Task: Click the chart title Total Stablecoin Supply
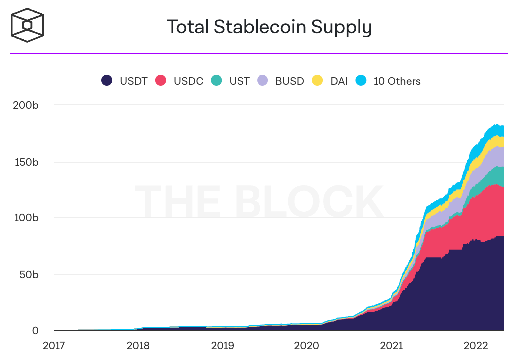tap(269, 27)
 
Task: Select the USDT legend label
tap(133, 81)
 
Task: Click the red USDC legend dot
tap(161, 81)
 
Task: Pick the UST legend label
tap(239, 81)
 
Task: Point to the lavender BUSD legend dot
tap(263, 81)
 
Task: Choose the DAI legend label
tap(339, 81)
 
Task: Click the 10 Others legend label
tap(397, 81)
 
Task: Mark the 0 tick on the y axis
tap(35, 331)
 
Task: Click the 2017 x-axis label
tap(55, 346)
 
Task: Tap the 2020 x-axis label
tap(307, 346)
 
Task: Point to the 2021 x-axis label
tap(391, 346)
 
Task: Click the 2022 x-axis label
tap(475, 346)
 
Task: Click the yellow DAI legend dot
tap(317, 81)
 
